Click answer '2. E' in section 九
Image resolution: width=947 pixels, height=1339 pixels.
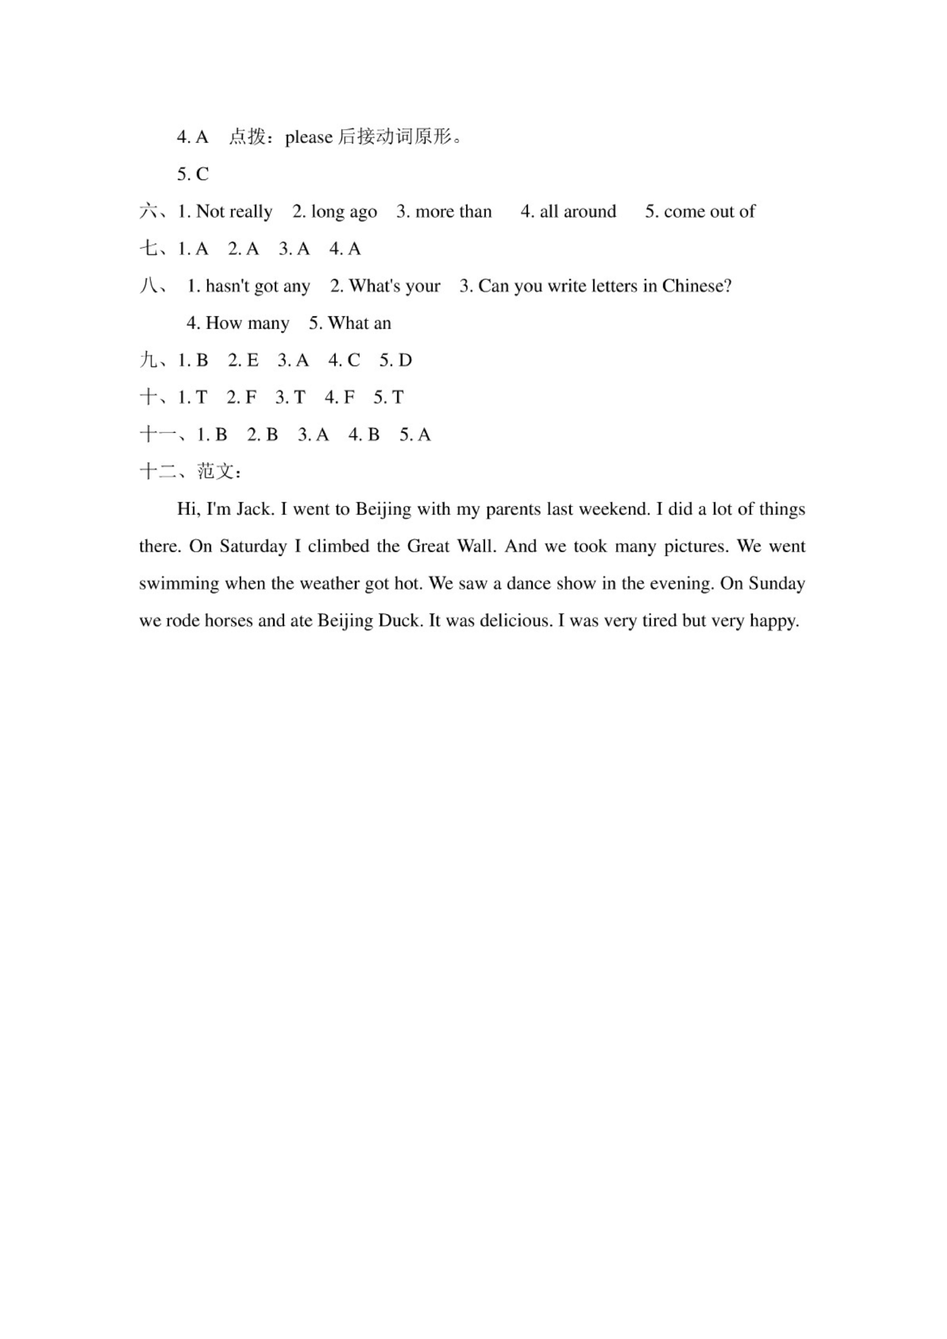pyautogui.click(x=243, y=361)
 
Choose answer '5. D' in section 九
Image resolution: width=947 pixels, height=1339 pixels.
pyautogui.click(x=395, y=361)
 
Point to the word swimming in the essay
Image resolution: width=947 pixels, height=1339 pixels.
pyautogui.click(x=178, y=584)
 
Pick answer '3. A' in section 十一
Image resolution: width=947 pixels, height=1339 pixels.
pyautogui.click(x=313, y=435)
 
